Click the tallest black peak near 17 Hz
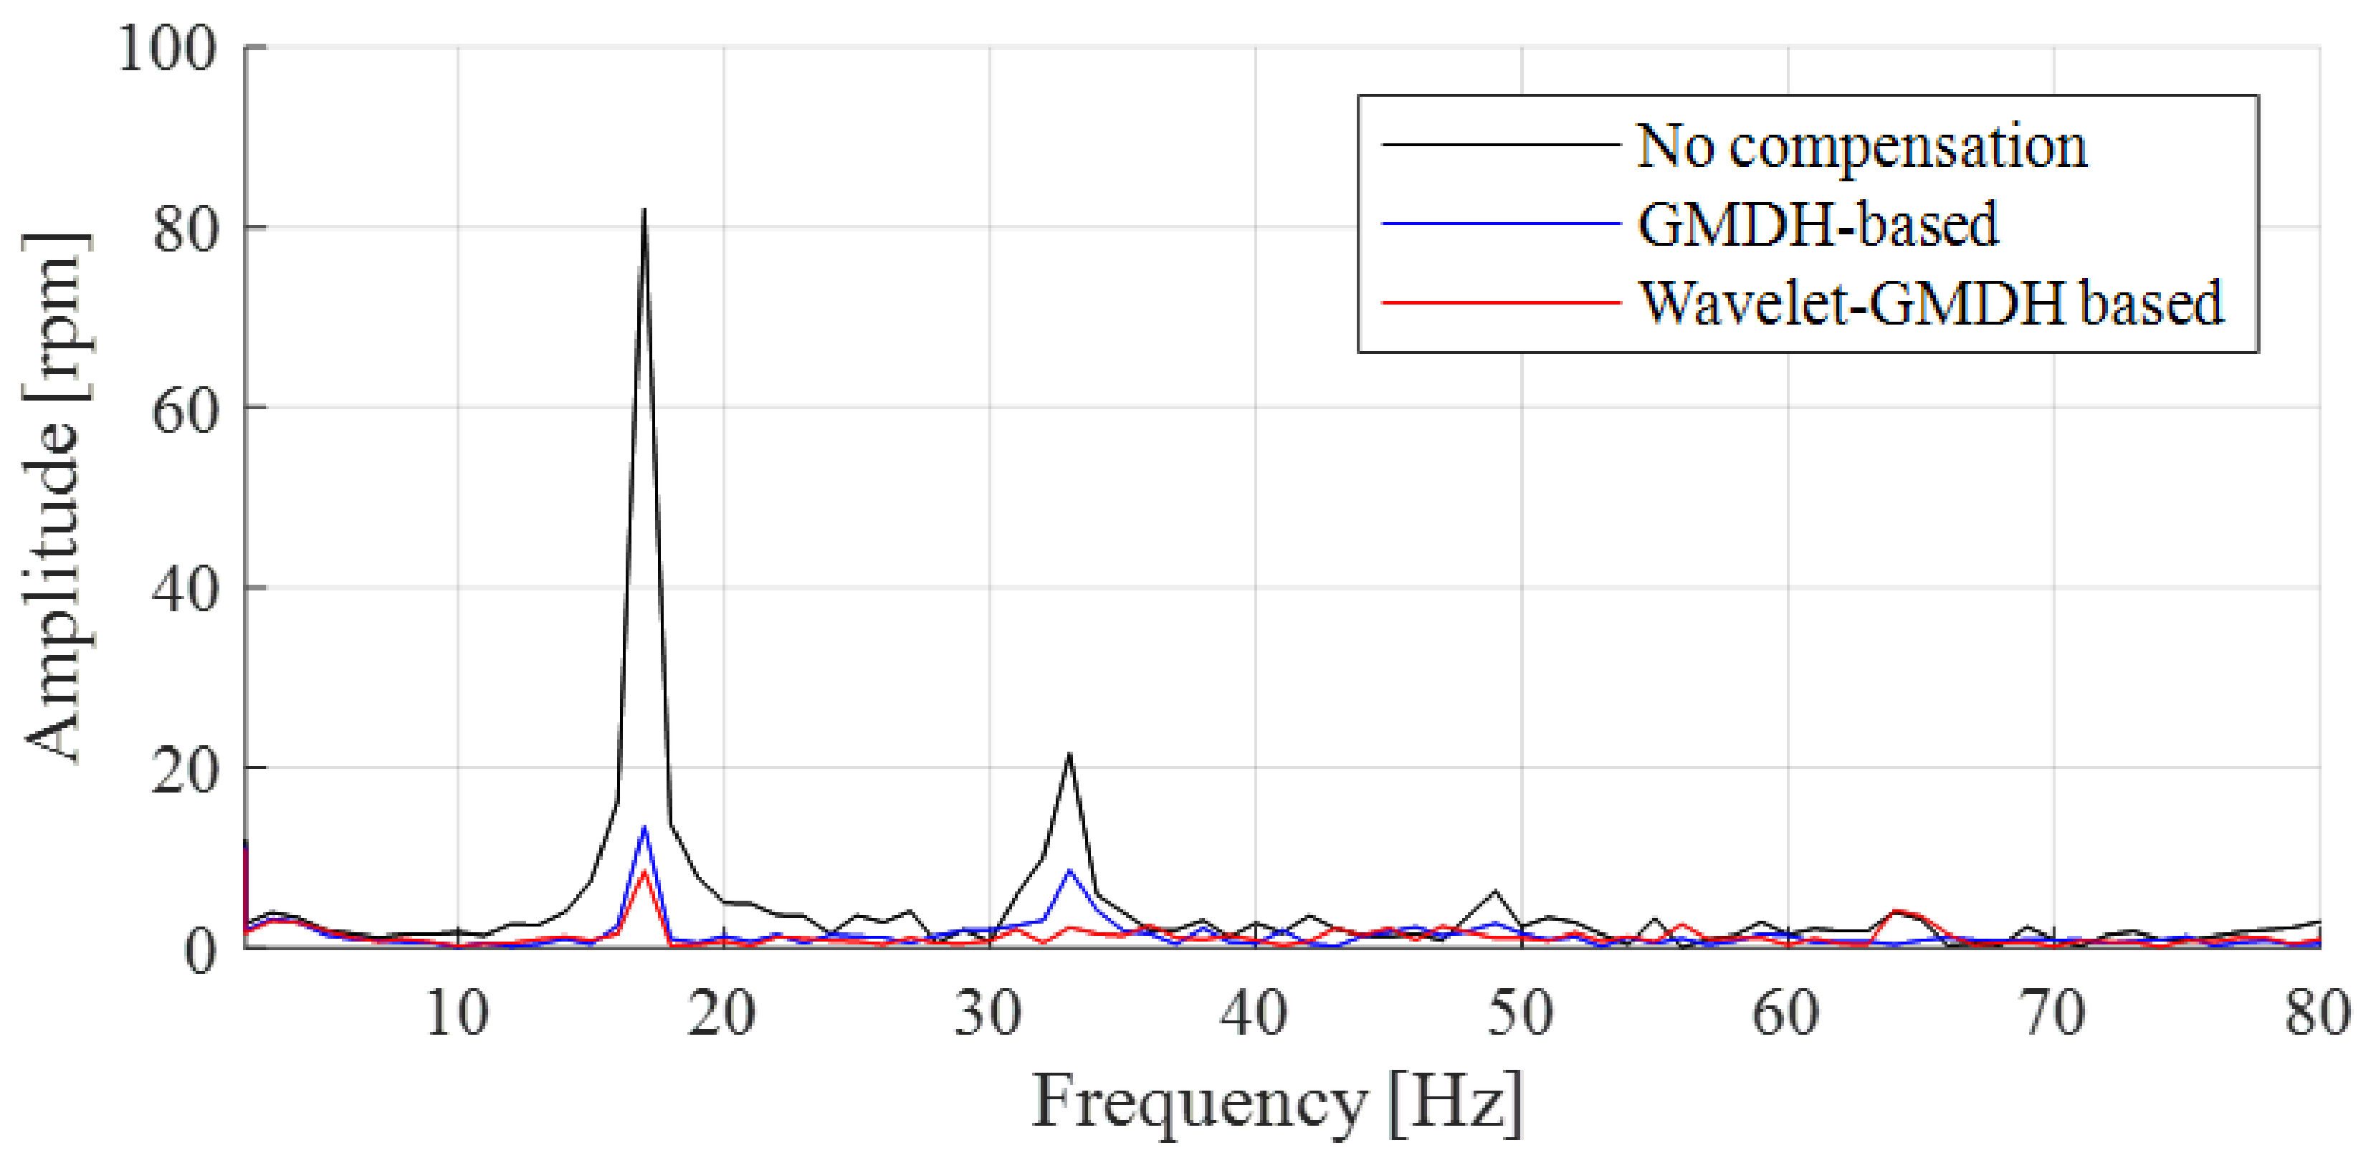click(x=644, y=210)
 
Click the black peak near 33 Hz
click(x=1069, y=755)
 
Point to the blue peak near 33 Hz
click(x=1069, y=870)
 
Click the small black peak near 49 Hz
click(x=1495, y=891)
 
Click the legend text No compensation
click(x=1861, y=145)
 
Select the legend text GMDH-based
click(x=1817, y=224)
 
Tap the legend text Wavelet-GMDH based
click(x=1930, y=302)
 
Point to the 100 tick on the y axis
click(x=166, y=48)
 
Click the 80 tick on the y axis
click(x=183, y=228)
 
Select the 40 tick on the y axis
click(x=183, y=588)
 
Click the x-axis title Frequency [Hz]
click(x=1277, y=1101)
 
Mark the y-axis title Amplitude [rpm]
click(x=55, y=498)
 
